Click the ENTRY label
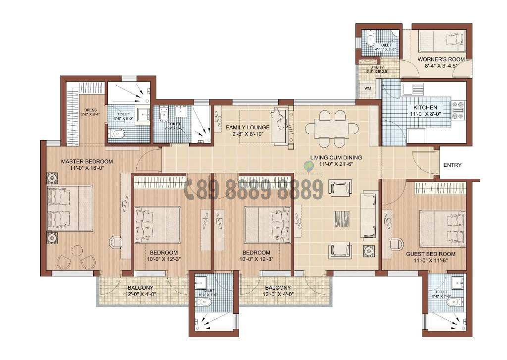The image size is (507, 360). point(452,165)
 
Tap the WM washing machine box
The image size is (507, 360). point(367,88)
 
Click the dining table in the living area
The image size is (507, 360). point(331,128)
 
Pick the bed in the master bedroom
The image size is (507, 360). point(70,208)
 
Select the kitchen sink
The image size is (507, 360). point(411,89)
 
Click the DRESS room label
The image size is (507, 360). point(90,110)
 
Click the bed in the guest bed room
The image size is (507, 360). point(442,227)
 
